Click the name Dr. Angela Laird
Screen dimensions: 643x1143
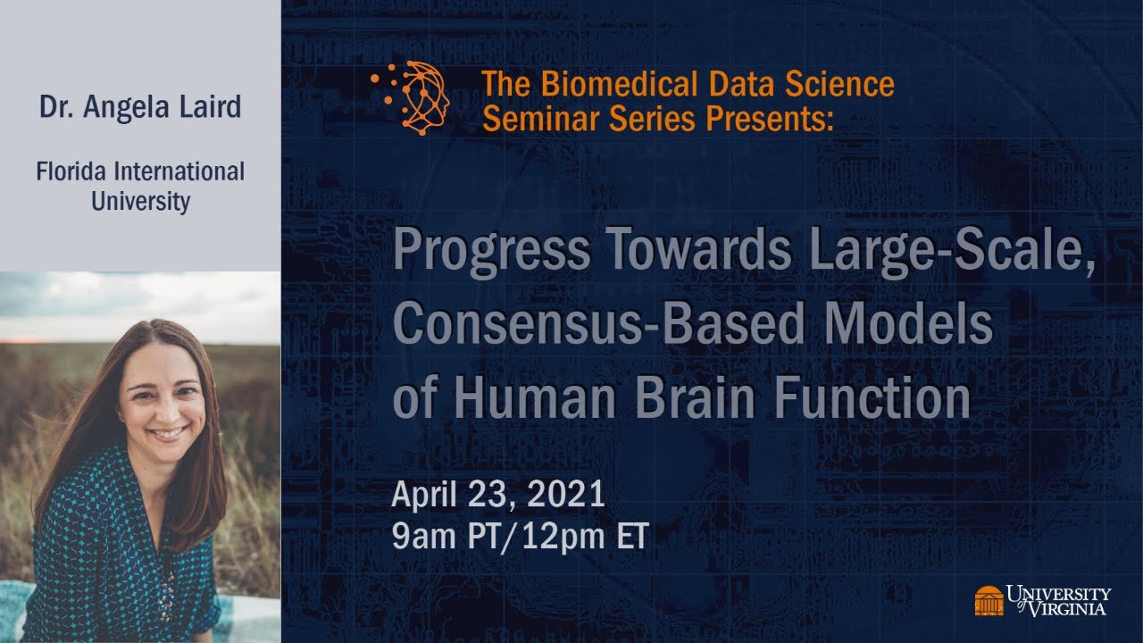(140, 107)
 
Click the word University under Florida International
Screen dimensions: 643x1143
(140, 201)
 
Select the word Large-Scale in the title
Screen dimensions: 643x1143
(950, 252)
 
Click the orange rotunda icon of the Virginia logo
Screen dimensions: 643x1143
(989, 600)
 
